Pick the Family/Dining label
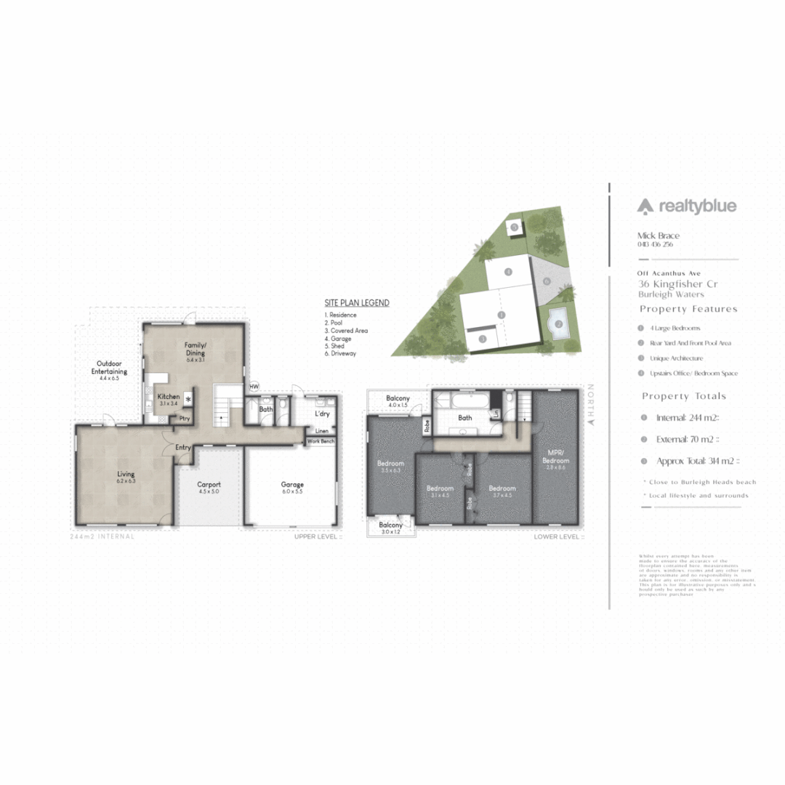(196, 348)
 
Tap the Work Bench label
(321, 441)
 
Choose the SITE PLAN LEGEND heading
(357, 303)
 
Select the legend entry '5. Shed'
(337, 346)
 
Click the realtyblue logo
(687, 206)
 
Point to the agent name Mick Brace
(658, 235)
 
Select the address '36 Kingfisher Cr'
(672, 283)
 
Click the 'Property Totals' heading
(684, 396)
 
